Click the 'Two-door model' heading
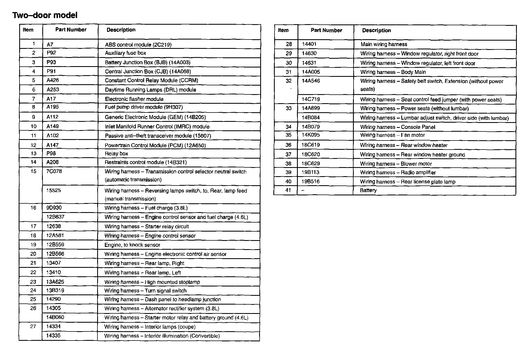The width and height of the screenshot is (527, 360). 45,15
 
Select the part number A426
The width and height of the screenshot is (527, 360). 53,80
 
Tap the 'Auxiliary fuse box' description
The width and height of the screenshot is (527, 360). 125,53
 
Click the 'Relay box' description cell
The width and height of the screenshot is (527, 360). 116,154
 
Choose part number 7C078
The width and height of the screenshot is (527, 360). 54,171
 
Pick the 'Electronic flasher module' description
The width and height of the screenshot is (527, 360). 134,99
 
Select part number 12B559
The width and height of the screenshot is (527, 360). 55,245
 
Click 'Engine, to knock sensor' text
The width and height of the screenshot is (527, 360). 132,245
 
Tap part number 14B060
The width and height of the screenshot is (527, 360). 55,317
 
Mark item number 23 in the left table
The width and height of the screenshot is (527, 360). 33,282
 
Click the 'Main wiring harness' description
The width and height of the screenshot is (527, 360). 384,44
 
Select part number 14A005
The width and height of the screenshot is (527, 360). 311,72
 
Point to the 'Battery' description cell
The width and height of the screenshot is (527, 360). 368,190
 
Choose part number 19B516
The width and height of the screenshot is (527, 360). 311,182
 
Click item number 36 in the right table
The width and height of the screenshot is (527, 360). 288,145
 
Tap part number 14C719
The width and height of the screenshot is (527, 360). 311,99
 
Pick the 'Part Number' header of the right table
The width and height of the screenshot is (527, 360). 326,30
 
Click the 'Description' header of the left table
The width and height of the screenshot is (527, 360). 121,30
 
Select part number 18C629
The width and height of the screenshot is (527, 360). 311,164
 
